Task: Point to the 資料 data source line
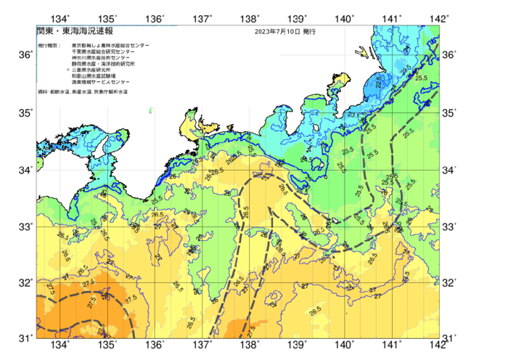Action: [82, 92]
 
